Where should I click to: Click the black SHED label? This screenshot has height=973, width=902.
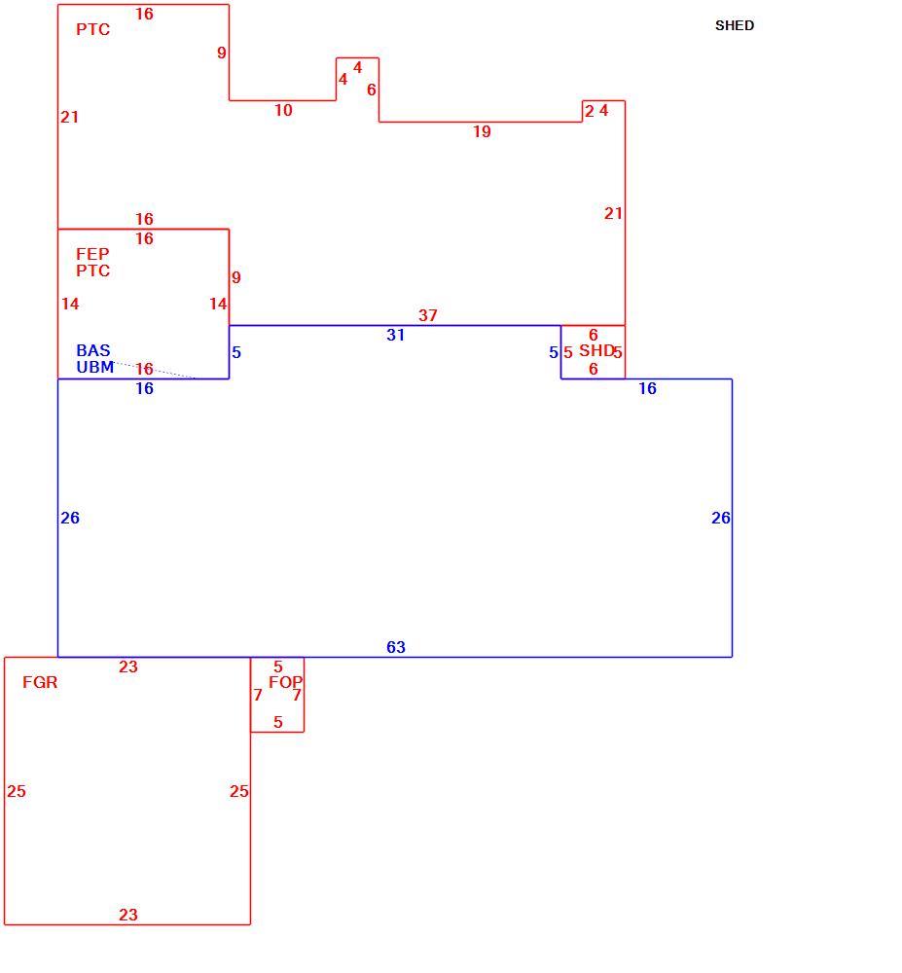point(735,25)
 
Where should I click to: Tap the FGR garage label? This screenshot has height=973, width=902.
point(40,683)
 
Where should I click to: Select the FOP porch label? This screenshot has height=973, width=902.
point(285,683)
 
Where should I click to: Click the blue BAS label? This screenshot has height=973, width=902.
point(93,350)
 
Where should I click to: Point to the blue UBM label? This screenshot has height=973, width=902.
point(95,368)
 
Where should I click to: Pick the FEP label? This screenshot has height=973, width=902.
point(92,254)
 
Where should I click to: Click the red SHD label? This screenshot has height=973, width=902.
point(596,350)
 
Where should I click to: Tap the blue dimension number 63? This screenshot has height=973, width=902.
point(396,647)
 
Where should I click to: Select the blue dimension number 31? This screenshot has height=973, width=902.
point(396,335)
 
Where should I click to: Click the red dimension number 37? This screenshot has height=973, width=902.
point(427,315)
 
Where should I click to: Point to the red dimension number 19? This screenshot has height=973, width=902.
point(482,131)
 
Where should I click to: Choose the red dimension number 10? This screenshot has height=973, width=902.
point(283,111)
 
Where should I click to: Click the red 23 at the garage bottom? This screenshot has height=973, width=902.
point(128,915)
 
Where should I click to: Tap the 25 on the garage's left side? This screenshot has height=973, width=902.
point(17,791)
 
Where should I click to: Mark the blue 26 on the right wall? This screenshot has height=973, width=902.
point(721,519)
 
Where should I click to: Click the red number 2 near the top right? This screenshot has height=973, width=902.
point(590,111)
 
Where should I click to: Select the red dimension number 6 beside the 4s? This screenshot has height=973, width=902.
point(372,90)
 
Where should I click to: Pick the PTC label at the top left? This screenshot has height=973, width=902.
point(93,30)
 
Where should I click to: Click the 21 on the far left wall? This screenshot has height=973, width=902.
point(69,118)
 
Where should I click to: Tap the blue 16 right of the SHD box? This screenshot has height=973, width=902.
point(648,388)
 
